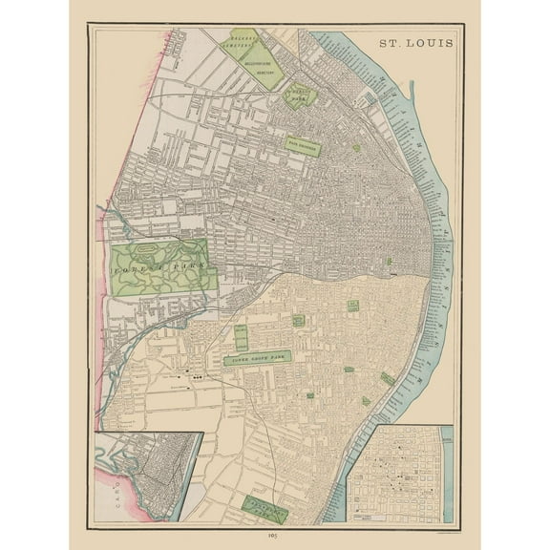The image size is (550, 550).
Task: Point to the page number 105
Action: click(x=276, y=538)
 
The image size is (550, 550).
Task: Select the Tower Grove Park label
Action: click(x=259, y=359)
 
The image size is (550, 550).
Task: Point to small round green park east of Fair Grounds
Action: click(x=356, y=148)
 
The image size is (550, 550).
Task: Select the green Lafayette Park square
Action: click(x=352, y=307)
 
